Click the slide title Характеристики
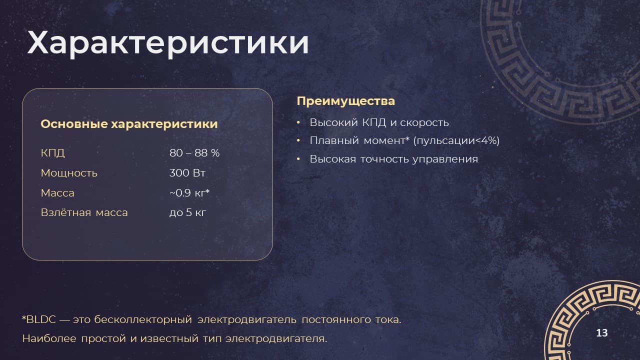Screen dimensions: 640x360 pyautogui.click(x=168, y=43)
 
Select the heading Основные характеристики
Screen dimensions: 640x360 pyautogui.click(x=129, y=124)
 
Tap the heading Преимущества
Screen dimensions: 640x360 pyautogui.click(x=345, y=101)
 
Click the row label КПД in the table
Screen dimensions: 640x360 pyautogui.click(x=52, y=153)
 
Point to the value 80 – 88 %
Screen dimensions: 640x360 pyautogui.click(x=194, y=153)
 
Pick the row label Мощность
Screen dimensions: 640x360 pyautogui.click(x=69, y=173)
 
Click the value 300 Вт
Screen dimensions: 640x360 pyautogui.click(x=187, y=173)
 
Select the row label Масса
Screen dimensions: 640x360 pyautogui.click(x=57, y=193)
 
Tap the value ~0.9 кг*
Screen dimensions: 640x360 pyautogui.click(x=189, y=193)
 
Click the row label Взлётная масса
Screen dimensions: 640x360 pyautogui.click(x=84, y=212)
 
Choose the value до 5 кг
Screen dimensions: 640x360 pyautogui.click(x=187, y=212)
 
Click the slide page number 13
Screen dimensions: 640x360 pyautogui.click(x=601, y=333)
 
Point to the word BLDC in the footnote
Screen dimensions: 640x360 pyautogui.click(x=41, y=319)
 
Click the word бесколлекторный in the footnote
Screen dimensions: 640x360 pyautogui.click(x=143, y=319)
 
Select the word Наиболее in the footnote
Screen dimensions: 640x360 pyautogui.click(x=49, y=339)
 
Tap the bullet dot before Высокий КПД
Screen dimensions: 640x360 pyautogui.click(x=298, y=122)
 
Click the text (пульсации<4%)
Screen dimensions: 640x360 pyautogui.click(x=456, y=140)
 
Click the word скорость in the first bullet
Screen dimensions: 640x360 pyautogui.click(x=424, y=123)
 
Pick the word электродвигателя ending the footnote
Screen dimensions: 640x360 pyautogui.click(x=276, y=339)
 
